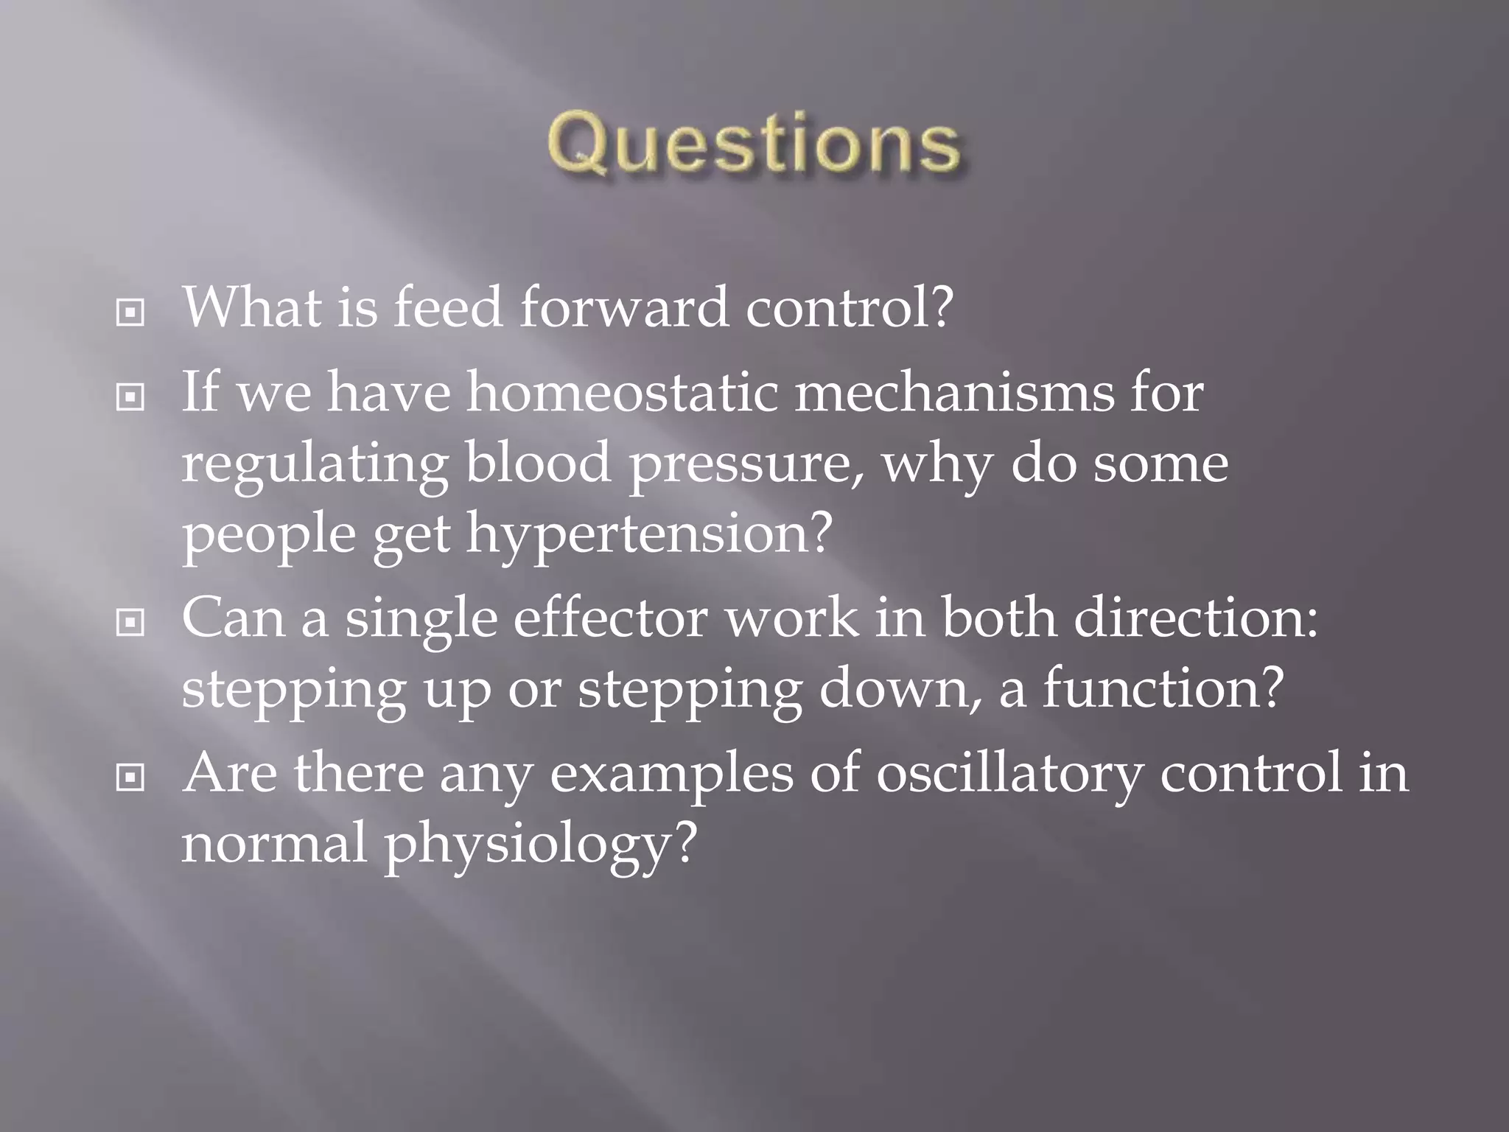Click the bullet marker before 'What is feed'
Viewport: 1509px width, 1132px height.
[x=130, y=313]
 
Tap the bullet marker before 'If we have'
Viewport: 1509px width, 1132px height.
[x=130, y=398]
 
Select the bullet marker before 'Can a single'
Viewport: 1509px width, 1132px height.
[x=130, y=623]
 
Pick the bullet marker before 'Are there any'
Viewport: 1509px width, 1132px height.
[x=130, y=777]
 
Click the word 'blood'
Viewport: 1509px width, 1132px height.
[x=538, y=463]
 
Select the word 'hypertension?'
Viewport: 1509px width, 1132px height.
[x=648, y=534]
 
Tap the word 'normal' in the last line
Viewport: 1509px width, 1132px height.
[x=273, y=842]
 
